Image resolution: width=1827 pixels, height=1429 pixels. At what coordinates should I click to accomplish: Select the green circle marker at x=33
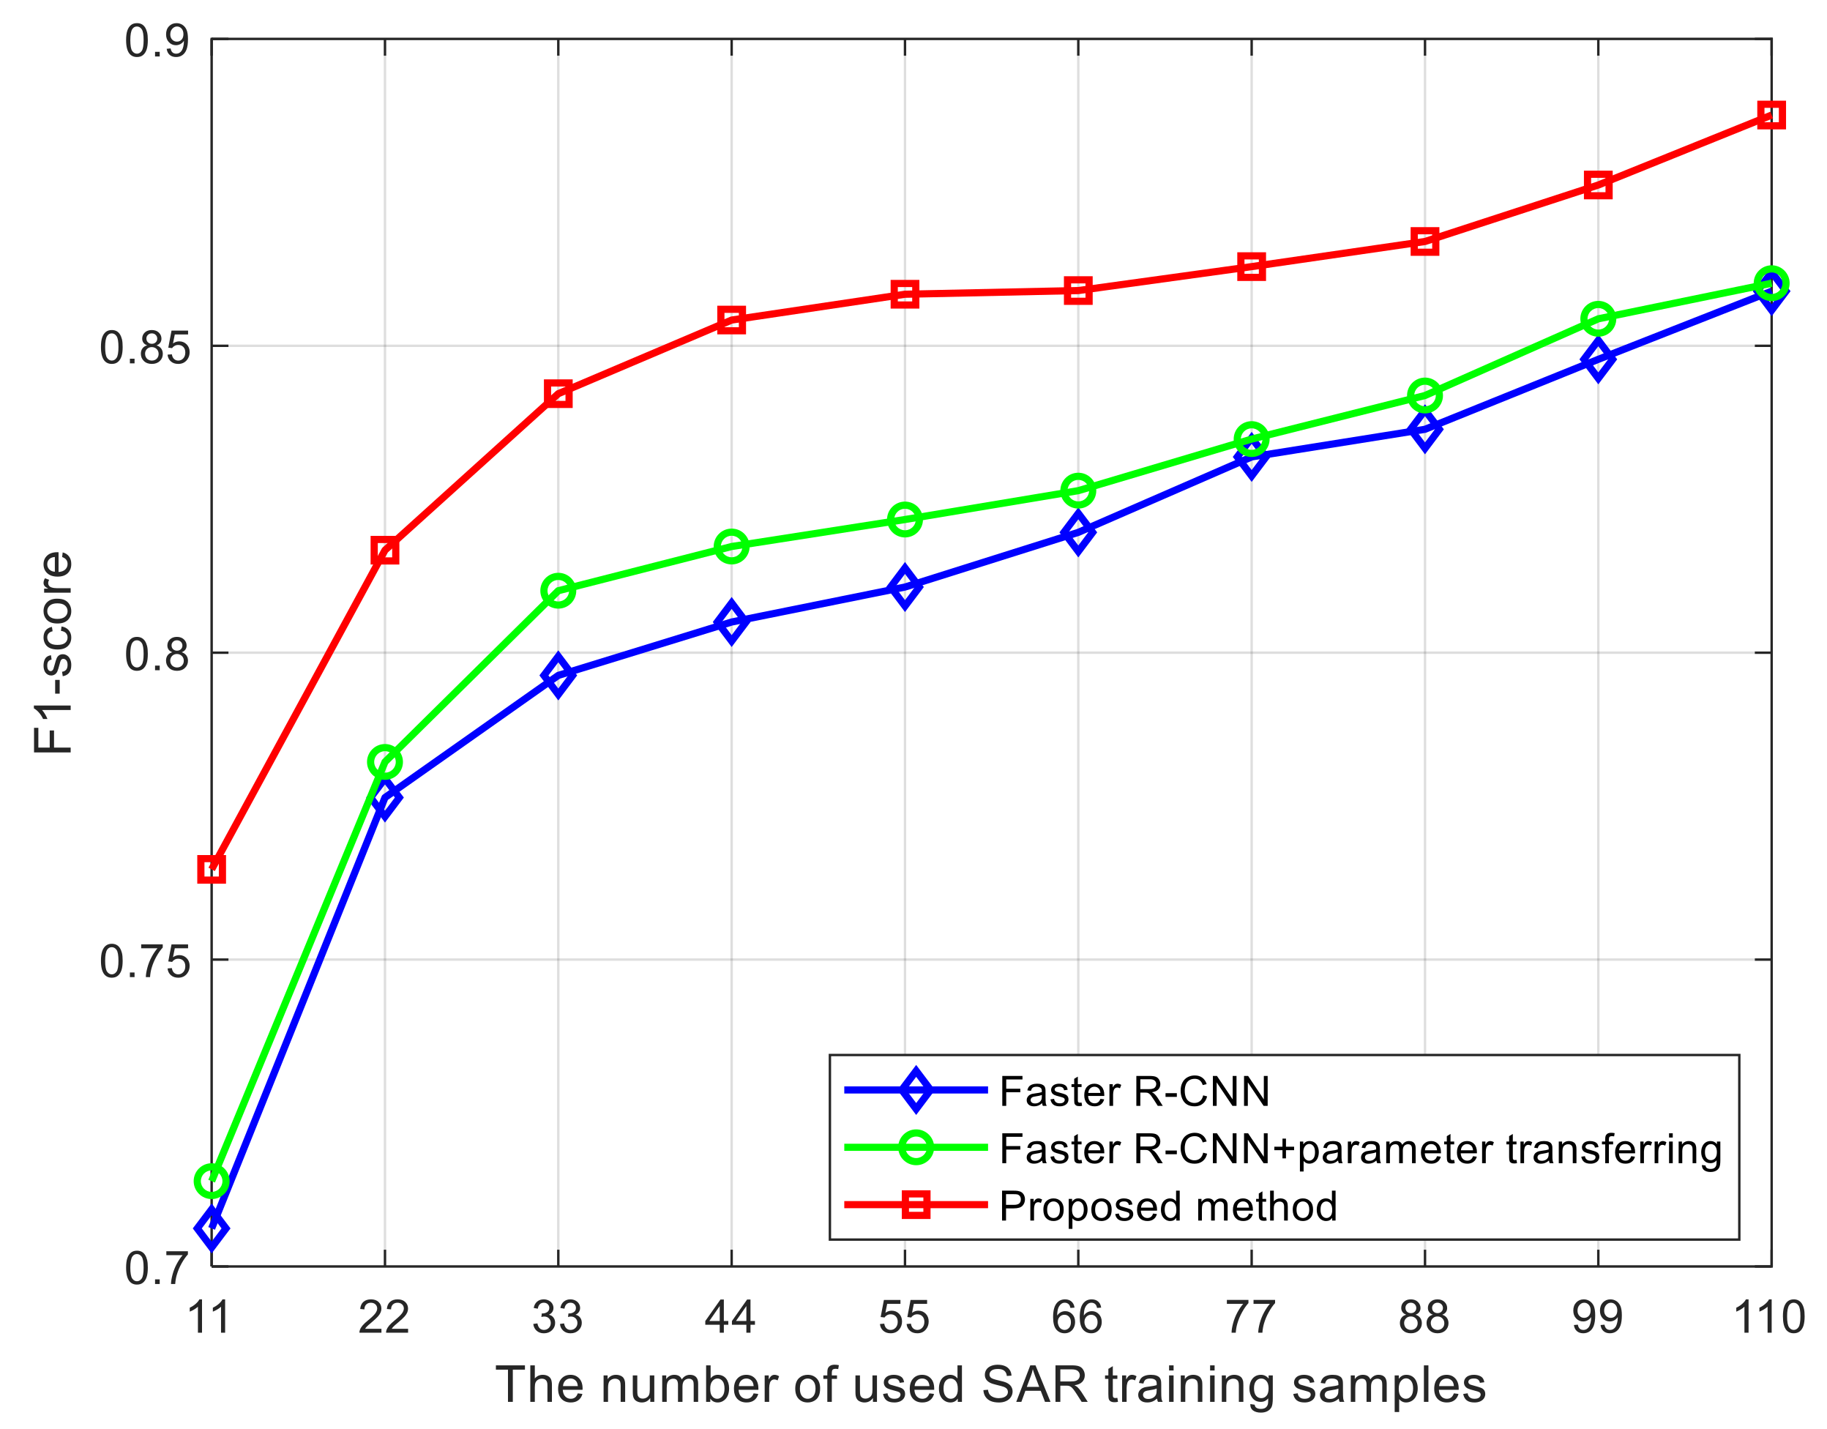(x=558, y=592)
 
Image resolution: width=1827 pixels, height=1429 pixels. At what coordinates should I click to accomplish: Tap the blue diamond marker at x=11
(x=212, y=1229)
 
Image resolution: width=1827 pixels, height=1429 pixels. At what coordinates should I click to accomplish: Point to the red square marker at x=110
(x=1771, y=115)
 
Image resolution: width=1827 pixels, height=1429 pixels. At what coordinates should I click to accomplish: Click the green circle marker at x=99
(x=1598, y=318)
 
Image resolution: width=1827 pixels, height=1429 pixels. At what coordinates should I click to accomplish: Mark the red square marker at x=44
(x=731, y=320)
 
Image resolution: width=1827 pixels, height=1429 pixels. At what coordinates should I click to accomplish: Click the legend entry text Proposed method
(x=1167, y=1206)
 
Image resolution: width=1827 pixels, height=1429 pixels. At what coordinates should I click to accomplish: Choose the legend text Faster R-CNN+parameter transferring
(x=1360, y=1149)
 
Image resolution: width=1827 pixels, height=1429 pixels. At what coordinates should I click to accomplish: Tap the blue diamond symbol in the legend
(x=916, y=1090)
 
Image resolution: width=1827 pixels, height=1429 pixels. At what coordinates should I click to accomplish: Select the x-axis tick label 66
(x=1077, y=1318)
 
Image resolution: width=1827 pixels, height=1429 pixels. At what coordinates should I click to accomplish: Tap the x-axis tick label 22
(x=384, y=1318)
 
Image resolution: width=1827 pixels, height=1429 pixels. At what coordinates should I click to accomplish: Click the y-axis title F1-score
(x=53, y=652)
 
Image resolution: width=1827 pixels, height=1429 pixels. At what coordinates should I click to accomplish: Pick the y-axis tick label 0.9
(x=157, y=41)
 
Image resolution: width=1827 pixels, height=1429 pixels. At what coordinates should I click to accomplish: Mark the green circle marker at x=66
(x=1077, y=490)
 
